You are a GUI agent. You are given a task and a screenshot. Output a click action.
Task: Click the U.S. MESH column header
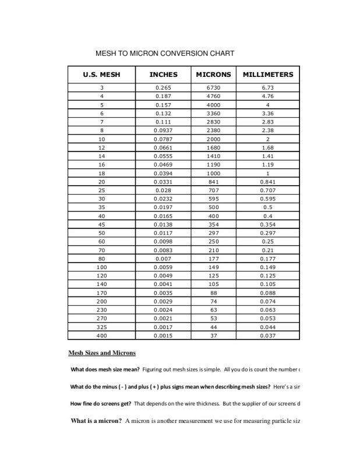tap(102, 75)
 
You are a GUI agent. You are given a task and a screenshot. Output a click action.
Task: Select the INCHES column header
tap(164, 75)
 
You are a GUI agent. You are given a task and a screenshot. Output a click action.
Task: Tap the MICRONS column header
tap(213, 75)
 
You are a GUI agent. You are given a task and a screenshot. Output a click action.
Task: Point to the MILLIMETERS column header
tap(267, 75)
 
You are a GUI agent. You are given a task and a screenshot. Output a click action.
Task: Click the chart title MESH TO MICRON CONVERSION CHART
tap(165, 54)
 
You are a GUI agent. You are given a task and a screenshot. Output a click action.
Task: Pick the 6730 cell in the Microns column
tap(213, 88)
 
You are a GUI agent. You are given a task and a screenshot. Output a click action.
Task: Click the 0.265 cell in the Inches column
tap(164, 88)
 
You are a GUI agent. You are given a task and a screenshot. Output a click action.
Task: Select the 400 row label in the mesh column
tap(102, 336)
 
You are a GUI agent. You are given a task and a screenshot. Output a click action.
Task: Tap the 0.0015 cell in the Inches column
tap(164, 336)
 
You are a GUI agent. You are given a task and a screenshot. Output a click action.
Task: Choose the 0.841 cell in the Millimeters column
tap(267, 182)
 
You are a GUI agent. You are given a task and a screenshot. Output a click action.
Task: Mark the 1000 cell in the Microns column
tap(213, 174)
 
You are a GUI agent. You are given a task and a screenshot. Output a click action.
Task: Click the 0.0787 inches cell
tap(164, 140)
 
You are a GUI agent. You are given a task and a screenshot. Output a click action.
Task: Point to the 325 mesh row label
tap(102, 327)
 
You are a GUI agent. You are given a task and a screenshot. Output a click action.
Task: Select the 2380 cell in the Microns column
tap(213, 131)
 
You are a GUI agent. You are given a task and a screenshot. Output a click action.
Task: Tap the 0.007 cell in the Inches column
tap(164, 259)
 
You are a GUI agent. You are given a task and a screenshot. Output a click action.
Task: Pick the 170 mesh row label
tap(102, 293)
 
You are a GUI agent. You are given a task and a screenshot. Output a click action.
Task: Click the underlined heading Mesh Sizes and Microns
tap(102, 353)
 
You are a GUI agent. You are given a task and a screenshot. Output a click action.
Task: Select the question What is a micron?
tap(96, 421)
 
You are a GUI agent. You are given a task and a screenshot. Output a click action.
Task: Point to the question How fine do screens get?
tap(101, 403)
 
